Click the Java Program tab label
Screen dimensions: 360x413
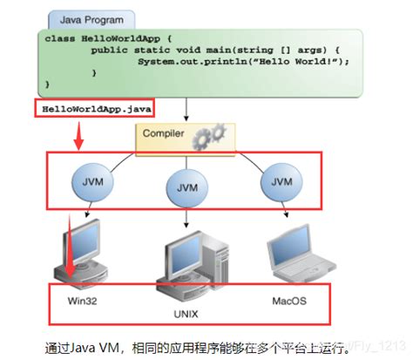pos(91,18)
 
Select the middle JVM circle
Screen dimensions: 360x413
pos(186,187)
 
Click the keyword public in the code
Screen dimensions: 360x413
pos(110,51)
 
